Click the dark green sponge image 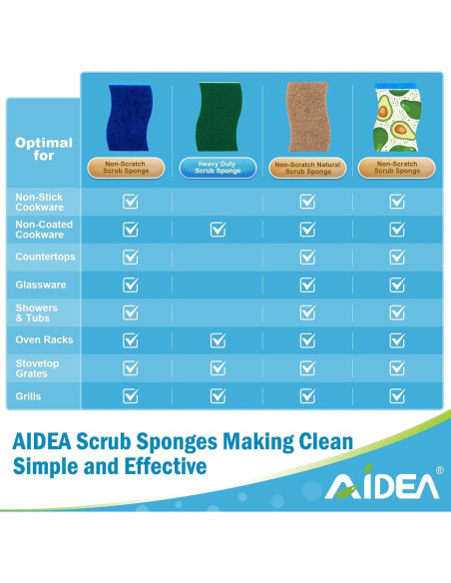(218, 118)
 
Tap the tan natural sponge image (307, 118)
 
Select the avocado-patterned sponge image (396, 118)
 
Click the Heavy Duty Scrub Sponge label (218, 167)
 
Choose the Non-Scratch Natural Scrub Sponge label (307, 167)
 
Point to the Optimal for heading (44, 149)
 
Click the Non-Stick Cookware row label (40, 202)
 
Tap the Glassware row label (41, 285)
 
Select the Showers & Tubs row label (37, 312)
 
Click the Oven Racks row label (44, 340)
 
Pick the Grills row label (29, 395)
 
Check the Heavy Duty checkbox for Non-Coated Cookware (218, 230)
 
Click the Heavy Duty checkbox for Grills (218, 395)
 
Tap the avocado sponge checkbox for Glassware (396, 285)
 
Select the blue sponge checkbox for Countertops (130, 258)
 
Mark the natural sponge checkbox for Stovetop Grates (307, 367)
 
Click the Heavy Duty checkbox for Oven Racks (218, 340)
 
